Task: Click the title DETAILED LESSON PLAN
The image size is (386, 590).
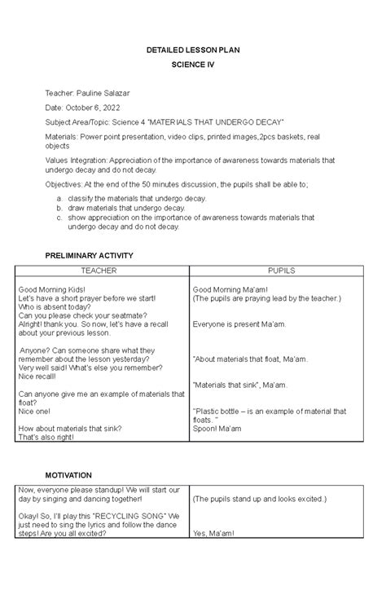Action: point(193,51)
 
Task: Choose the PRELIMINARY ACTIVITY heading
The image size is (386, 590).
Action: point(99,256)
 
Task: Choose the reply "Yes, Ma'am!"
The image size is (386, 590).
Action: point(213,534)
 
